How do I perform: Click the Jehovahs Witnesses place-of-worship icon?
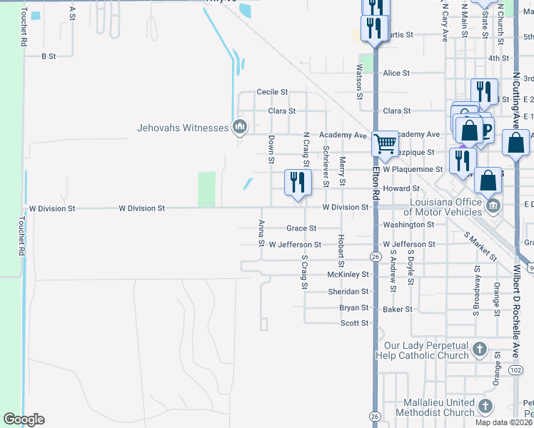click(239, 128)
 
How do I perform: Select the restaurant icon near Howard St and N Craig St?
click(298, 182)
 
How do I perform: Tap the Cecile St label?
click(272, 92)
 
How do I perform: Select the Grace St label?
click(301, 228)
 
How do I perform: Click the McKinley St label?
click(348, 274)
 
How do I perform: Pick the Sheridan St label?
click(348, 292)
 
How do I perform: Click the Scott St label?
click(354, 323)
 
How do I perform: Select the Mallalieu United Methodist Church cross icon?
click(485, 407)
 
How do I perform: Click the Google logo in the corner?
click(24, 419)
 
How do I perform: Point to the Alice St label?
click(396, 73)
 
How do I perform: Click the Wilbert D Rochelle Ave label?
click(516, 307)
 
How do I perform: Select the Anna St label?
click(261, 233)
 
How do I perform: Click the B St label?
click(49, 56)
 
